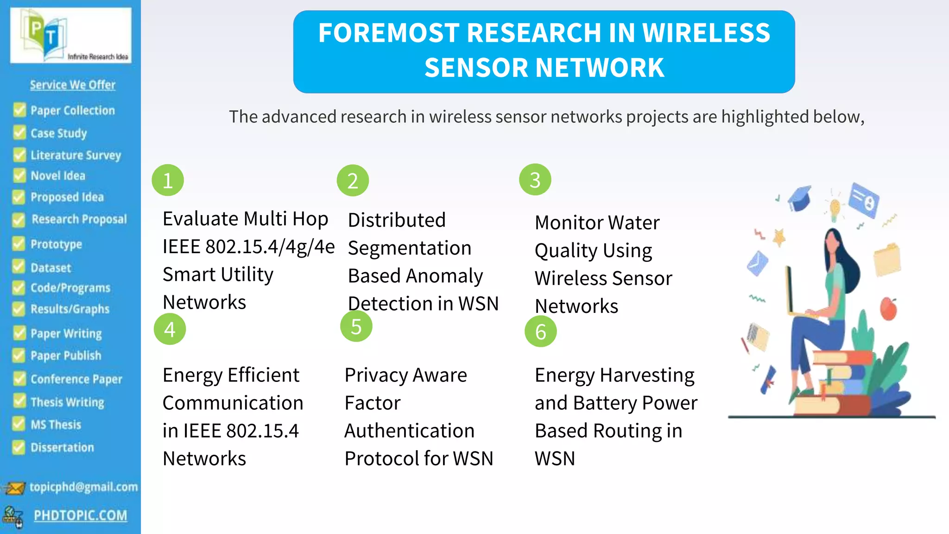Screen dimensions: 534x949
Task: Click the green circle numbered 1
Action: pos(168,180)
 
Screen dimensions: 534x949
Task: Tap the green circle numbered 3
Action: pos(535,180)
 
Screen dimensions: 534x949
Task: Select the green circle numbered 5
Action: pos(356,326)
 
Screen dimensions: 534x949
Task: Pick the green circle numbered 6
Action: pos(540,331)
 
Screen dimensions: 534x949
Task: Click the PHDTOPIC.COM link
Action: pos(80,515)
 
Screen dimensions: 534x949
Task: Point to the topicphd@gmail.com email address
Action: pos(83,487)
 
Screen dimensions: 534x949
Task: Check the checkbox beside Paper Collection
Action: pos(19,110)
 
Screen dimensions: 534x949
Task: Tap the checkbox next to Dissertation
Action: pos(19,447)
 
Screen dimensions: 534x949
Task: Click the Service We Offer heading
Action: pos(73,85)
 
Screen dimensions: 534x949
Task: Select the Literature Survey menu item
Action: pos(76,155)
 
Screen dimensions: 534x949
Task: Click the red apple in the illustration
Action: pos(888,309)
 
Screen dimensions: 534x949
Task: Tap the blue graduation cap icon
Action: pos(800,198)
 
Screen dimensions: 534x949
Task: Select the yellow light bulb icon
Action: pos(835,209)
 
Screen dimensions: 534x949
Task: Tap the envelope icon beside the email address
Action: pos(14,488)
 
